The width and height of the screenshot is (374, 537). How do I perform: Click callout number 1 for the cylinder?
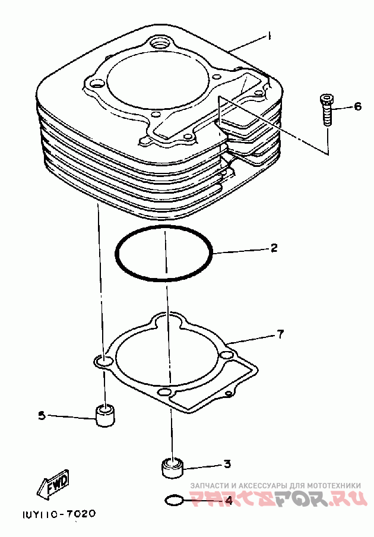269,36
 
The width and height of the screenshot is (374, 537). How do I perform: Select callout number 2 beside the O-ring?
274,248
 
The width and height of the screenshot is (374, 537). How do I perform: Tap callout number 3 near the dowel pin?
226,464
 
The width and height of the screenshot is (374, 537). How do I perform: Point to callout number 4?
229,500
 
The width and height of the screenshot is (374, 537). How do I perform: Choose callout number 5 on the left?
42,416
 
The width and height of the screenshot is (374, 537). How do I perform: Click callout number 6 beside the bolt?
357,107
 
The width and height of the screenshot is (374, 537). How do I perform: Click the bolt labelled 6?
327,110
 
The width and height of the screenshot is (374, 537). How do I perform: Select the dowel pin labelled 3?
172,467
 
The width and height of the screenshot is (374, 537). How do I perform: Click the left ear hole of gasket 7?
103,361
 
